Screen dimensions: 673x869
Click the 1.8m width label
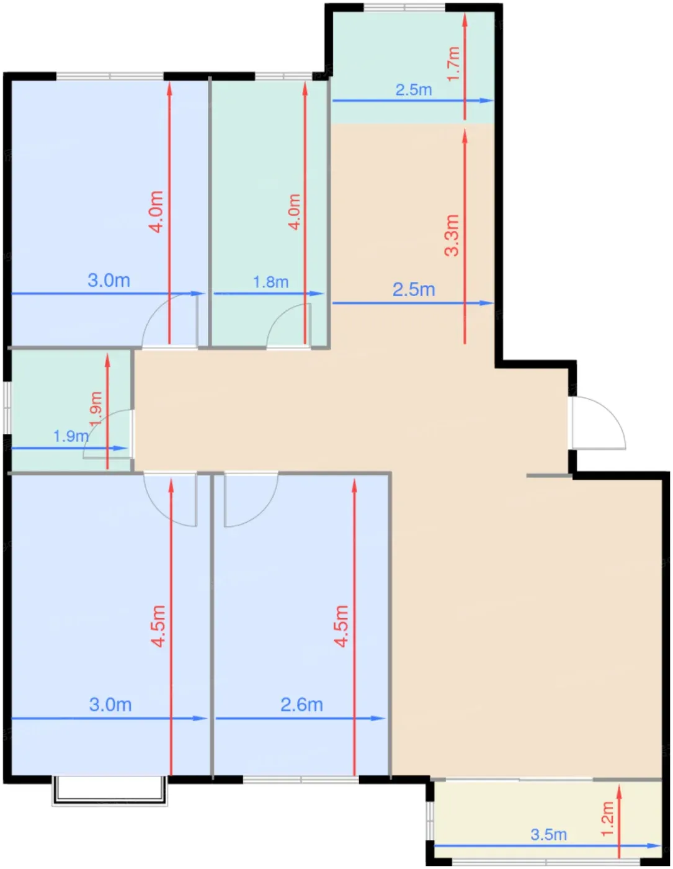pyautogui.click(x=270, y=282)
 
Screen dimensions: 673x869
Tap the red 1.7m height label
pyautogui.click(x=453, y=64)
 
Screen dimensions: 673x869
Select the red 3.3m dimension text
pyautogui.click(x=452, y=235)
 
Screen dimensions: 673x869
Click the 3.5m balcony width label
pyautogui.click(x=548, y=835)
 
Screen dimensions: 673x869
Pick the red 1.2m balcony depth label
pyautogui.click(x=607, y=819)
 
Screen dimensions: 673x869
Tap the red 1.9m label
pyautogui.click(x=96, y=409)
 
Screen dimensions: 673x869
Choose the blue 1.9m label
pyautogui.click(x=71, y=436)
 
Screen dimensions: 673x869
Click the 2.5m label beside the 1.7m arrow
pyautogui.click(x=414, y=89)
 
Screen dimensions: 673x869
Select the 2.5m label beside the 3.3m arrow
pyautogui.click(x=414, y=289)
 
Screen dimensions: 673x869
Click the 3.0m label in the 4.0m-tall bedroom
pyautogui.click(x=109, y=281)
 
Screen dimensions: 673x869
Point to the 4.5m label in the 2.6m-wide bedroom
pyautogui.click(x=342, y=626)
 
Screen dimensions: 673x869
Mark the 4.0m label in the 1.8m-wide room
pyautogui.click(x=294, y=212)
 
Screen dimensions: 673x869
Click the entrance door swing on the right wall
pyautogui.click(x=599, y=423)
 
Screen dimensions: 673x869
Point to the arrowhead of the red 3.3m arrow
pyautogui.click(x=465, y=136)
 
